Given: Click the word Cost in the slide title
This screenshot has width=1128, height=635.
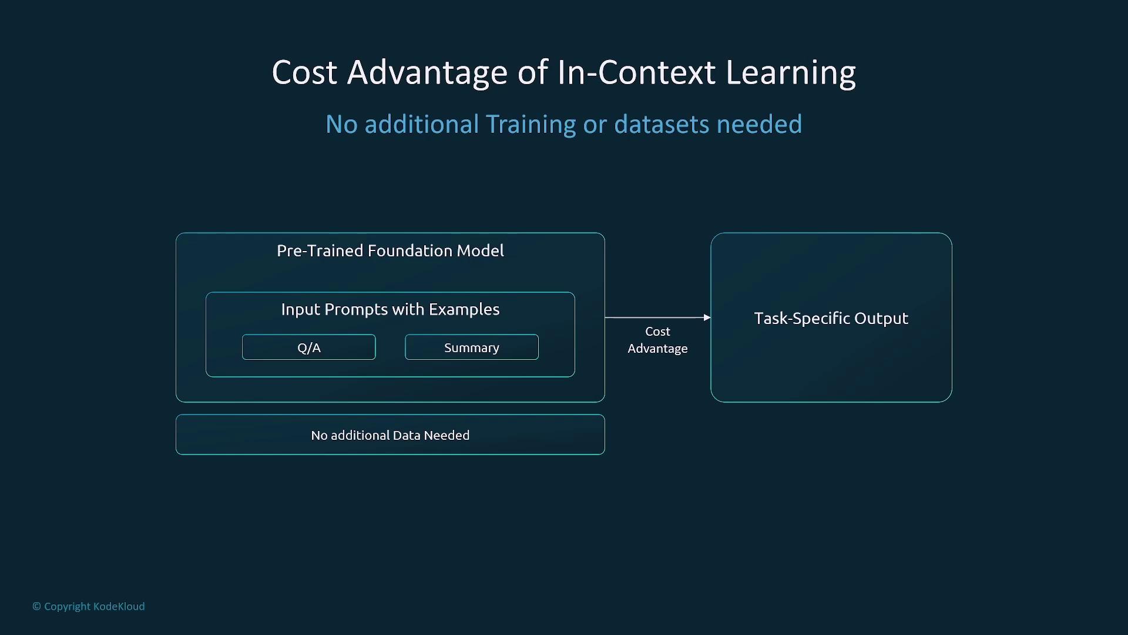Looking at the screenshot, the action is tap(304, 72).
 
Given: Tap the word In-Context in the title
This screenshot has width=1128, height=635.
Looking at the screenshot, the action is tap(636, 72).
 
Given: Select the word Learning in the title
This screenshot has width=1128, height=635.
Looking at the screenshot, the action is tap(791, 73).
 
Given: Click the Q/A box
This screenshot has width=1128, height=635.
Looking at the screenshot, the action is tap(308, 347).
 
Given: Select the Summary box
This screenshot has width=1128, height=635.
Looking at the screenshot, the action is tap(472, 347).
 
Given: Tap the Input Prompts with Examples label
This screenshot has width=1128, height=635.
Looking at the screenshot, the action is tap(390, 309).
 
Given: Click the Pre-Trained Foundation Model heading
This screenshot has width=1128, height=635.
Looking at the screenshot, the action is tap(390, 250).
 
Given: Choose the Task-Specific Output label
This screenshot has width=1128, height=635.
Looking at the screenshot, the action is tap(831, 318).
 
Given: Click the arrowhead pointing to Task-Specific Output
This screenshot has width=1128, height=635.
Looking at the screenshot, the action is tap(707, 317).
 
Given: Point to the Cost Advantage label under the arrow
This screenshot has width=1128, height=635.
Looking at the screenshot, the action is tap(657, 340).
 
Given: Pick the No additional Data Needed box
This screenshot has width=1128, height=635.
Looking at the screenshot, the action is tap(390, 435).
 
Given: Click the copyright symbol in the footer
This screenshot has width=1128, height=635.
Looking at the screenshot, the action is tap(36, 606).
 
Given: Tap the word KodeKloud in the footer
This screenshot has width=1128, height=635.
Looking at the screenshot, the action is tap(119, 606).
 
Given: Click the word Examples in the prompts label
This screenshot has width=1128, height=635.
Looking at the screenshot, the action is tap(464, 309).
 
